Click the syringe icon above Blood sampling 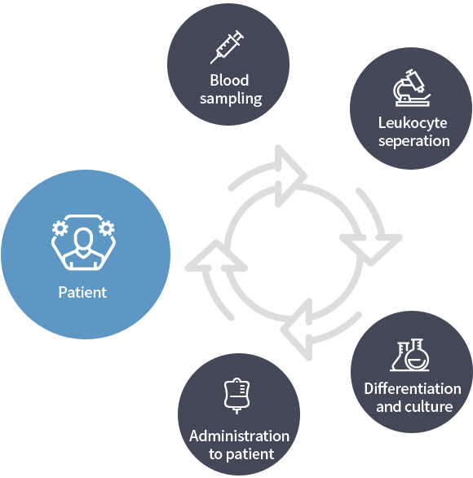227,47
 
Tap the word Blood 229,81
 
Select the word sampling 231,99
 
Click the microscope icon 412,88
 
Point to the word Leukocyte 413,123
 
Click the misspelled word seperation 414,141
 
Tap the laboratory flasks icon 410,355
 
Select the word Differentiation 413,388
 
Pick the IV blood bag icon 236,396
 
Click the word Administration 239,436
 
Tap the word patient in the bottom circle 250,454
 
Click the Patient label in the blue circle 82,292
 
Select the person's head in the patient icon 83,238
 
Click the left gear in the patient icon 60,228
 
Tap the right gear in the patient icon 107,228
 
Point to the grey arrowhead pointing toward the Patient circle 216,258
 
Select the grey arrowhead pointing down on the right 371,247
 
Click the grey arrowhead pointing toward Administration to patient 297,330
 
